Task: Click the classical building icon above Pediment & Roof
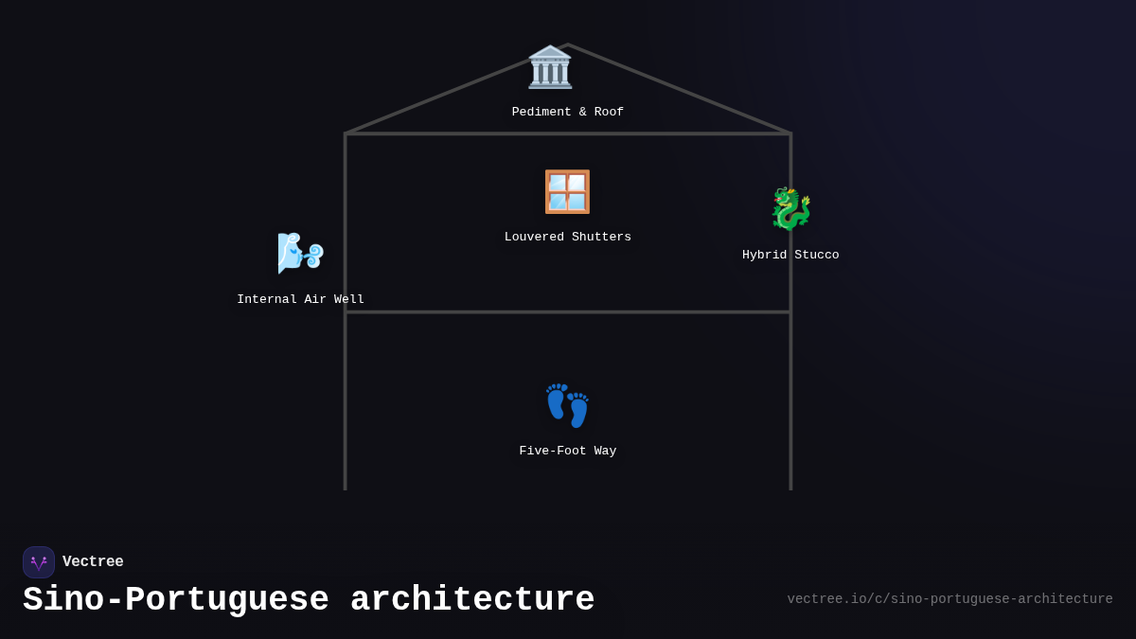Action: (550, 67)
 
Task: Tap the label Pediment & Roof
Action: (568, 113)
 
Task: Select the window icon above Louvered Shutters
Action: (567, 192)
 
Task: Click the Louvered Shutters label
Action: (568, 238)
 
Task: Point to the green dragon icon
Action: (790, 209)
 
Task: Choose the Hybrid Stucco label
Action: (790, 256)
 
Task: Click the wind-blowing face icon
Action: (300, 253)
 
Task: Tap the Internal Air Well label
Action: (300, 300)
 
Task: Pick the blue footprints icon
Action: (567, 405)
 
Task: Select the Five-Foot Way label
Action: (568, 452)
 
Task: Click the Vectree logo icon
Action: (39, 562)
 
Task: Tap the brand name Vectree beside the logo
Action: (93, 562)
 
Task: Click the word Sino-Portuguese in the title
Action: (176, 600)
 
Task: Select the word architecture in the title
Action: (472, 600)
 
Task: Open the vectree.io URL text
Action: (950, 599)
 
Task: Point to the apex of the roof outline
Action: (568, 44)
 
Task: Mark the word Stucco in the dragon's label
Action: (817, 256)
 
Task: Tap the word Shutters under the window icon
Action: (601, 238)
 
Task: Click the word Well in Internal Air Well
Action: (349, 300)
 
